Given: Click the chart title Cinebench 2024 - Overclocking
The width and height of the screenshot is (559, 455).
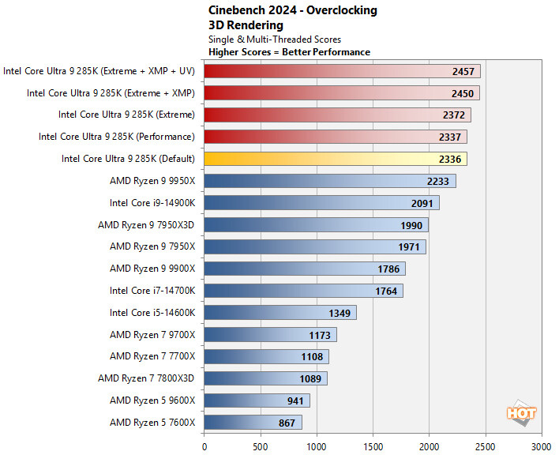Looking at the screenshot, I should pos(292,10).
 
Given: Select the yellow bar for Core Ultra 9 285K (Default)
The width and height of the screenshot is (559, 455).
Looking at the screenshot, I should pos(336,159).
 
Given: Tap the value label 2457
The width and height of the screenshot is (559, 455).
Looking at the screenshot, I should pos(463,71).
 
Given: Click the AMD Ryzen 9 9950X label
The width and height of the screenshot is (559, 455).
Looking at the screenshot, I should pos(152,181).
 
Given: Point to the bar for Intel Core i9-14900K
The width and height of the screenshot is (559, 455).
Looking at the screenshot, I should pos(321,203).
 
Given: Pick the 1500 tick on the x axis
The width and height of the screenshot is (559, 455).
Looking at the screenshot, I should pos(373,446).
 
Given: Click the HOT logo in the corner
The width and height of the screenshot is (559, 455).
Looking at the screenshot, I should pos(522,412).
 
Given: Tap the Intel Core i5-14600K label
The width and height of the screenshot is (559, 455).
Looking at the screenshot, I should pos(152,313).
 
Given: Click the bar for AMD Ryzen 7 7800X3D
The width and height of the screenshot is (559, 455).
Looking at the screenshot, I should pos(265,378).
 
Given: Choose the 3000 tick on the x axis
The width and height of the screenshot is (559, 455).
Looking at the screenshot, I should pos(542,446).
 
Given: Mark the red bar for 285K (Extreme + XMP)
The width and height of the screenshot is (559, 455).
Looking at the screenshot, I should pos(342,93).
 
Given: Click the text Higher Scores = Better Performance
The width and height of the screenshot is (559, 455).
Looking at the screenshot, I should pos(289,52).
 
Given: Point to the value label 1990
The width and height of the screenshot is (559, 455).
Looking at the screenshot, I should pos(411,225).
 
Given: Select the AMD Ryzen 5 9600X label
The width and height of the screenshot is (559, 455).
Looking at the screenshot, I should pos(152,400).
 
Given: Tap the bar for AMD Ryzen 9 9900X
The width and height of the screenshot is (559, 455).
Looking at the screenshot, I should pos(305,269).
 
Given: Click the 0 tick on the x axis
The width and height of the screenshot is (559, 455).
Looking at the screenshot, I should pos(204,446).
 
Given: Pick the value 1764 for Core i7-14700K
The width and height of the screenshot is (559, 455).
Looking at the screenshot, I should pos(386,291).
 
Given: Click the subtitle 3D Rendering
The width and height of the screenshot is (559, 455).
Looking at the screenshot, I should pos(246,24).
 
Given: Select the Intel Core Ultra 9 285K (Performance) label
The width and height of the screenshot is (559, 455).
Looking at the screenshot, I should pos(117,137).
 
